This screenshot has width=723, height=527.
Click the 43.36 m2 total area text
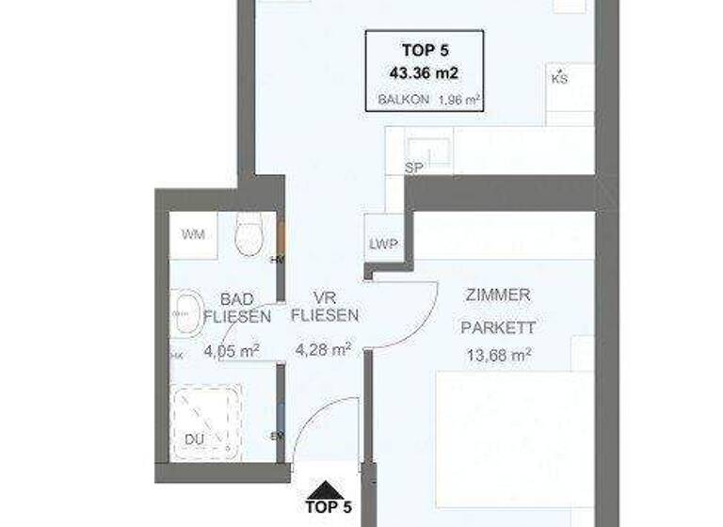[x=424, y=71]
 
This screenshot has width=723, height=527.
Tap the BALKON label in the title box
[x=404, y=98]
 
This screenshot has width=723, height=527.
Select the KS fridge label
[x=559, y=79]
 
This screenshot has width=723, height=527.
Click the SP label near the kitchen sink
[x=411, y=168]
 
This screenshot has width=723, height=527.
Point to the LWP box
[x=383, y=244]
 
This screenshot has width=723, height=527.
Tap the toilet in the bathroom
[x=249, y=233]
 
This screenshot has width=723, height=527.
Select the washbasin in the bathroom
[x=188, y=311]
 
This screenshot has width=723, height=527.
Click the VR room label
[x=325, y=295]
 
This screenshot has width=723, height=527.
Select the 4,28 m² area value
[x=323, y=349]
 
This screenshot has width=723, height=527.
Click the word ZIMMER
[x=498, y=295]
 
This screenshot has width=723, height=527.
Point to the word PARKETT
[x=498, y=328]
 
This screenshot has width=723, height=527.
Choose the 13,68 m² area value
[x=498, y=355]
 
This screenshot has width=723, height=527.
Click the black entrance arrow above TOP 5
[x=327, y=489]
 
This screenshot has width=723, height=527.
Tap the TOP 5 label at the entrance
[x=328, y=507]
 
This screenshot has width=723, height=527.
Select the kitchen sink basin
[x=428, y=149]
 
